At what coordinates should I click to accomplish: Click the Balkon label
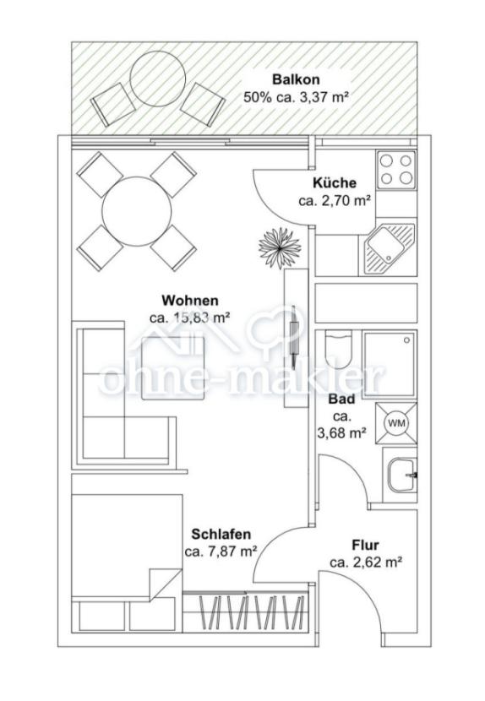pyautogui.click(x=297, y=80)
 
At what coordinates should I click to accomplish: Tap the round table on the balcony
pyautogui.click(x=157, y=79)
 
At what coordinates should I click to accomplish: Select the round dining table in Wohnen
pyautogui.click(x=137, y=210)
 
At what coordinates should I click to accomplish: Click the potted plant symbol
pyautogui.click(x=280, y=248)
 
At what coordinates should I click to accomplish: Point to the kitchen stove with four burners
pyautogui.click(x=396, y=170)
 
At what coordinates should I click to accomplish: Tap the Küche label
pyautogui.click(x=335, y=182)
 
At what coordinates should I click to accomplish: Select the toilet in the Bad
pyautogui.click(x=338, y=348)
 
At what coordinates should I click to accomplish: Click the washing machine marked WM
pyautogui.click(x=396, y=423)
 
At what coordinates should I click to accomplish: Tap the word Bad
pyautogui.click(x=342, y=399)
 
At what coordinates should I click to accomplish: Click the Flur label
pyautogui.click(x=365, y=546)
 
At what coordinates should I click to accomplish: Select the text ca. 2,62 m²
pyautogui.click(x=365, y=562)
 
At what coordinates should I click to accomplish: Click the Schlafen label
pyautogui.click(x=221, y=535)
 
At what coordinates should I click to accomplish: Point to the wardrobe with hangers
pyautogui.click(x=246, y=612)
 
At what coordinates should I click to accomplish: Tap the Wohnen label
pyautogui.click(x=190, y=300)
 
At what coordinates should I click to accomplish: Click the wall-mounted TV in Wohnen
pyautogui.click(x=293, y=335)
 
